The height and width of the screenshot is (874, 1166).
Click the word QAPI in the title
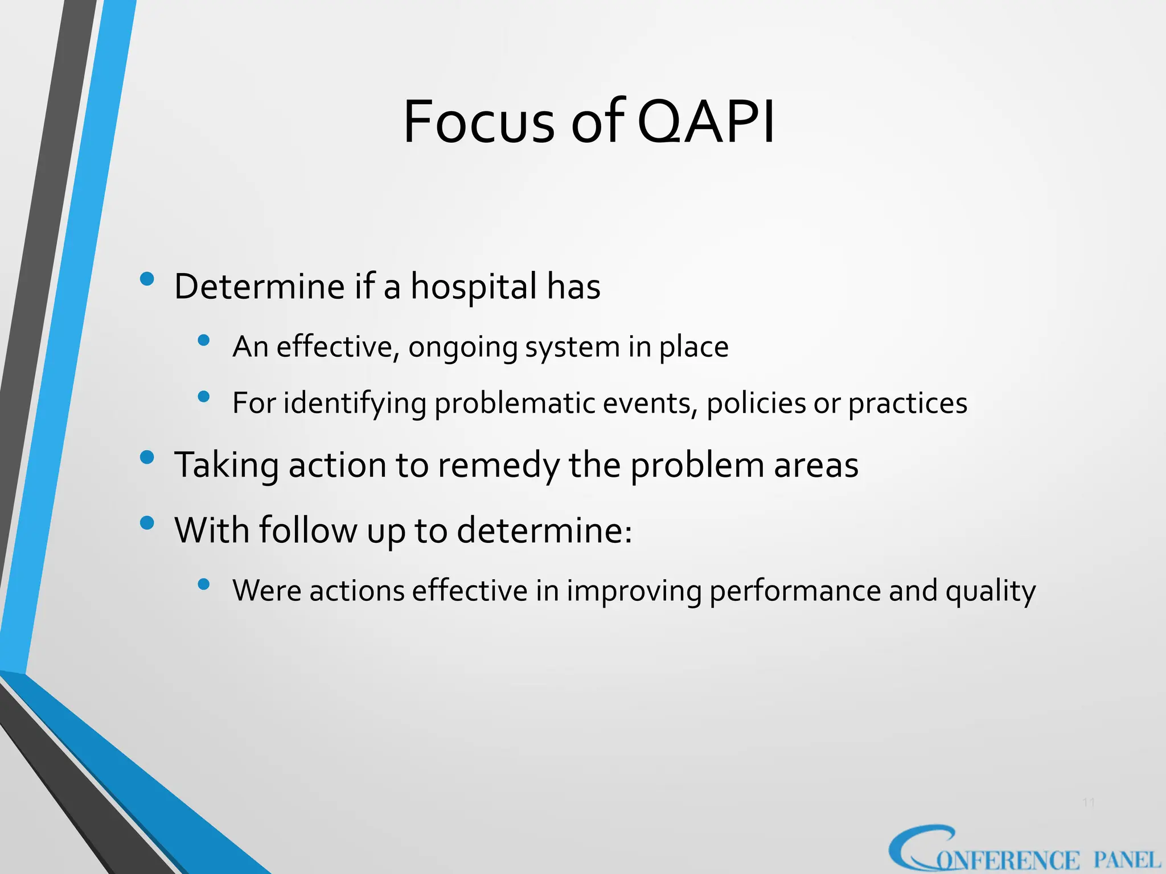[706, 122]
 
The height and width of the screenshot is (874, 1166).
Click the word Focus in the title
[478, 122]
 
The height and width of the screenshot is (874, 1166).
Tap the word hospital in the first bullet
[474, 286]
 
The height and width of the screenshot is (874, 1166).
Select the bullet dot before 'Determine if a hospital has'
[147, 279]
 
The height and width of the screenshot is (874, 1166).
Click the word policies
[756, 403]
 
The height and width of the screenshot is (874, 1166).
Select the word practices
[908, 403]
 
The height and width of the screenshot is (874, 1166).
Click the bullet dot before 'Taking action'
[147, 457]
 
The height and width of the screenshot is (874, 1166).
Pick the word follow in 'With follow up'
[307, 530]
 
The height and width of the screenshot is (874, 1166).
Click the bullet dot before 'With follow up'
[147, 523]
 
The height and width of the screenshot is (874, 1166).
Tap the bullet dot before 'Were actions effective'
[204, 584]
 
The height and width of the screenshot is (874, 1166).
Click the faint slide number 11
[1089, 803]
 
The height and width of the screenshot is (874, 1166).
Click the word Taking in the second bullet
[226, 465]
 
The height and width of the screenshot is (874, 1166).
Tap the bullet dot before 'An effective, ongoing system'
[204, 340]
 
